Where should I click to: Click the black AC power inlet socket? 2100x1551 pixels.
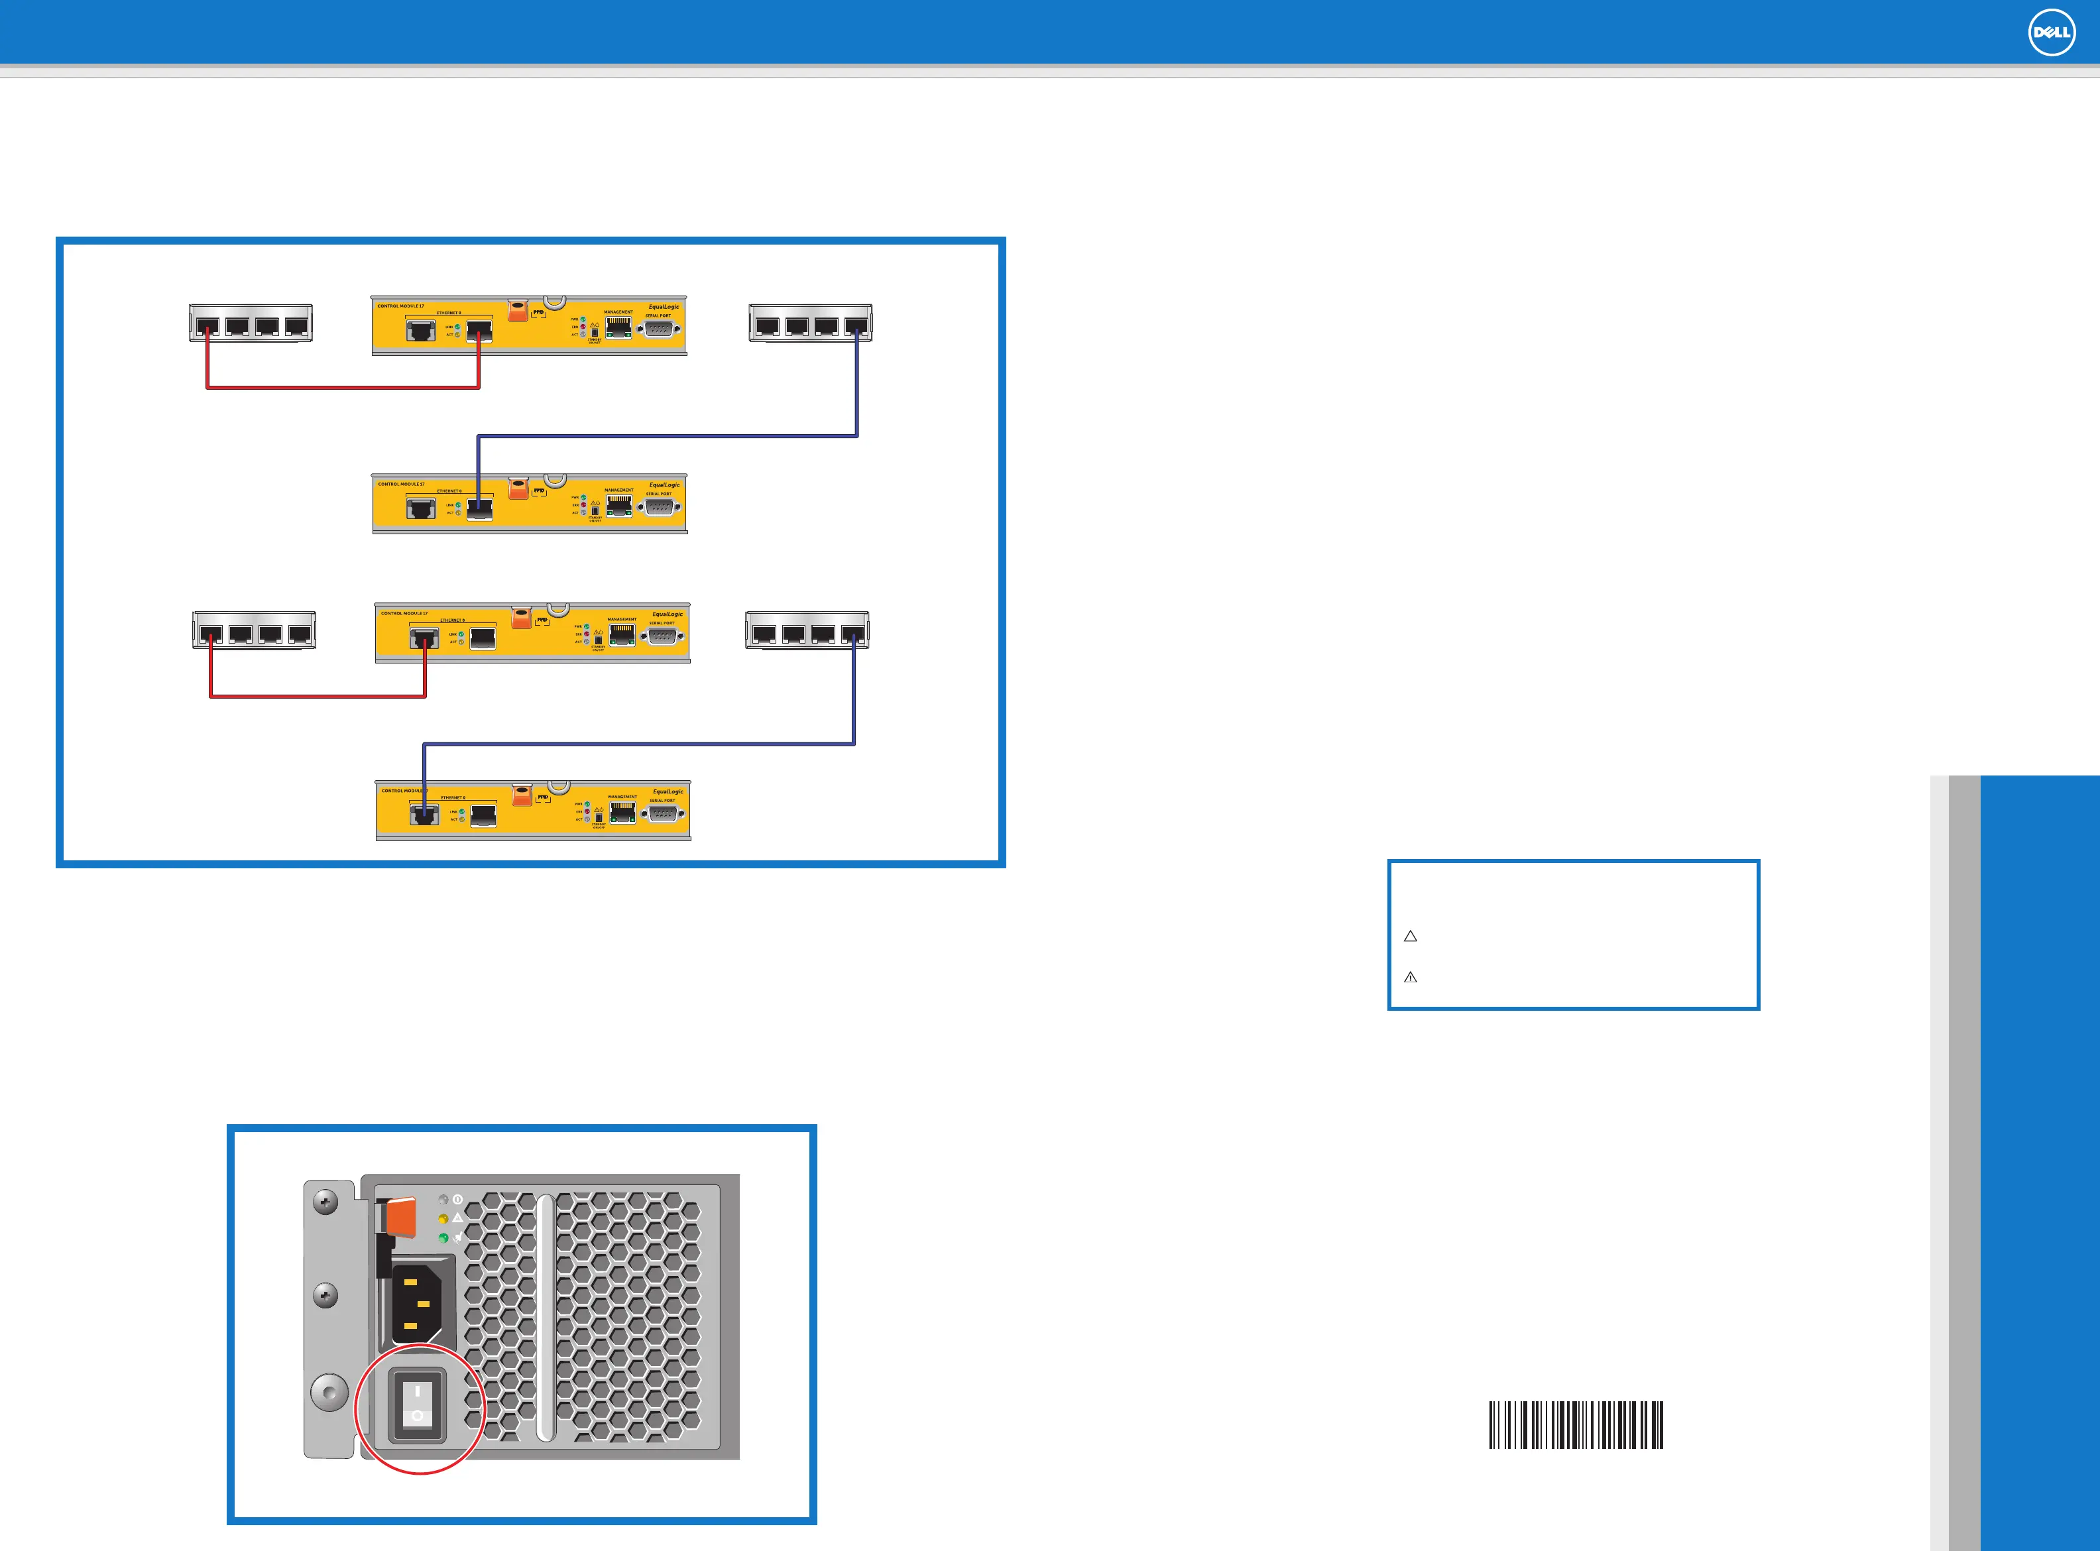(420, 1303)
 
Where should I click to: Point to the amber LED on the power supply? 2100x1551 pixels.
(443, 1219)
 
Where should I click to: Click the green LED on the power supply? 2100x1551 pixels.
(443, 1237)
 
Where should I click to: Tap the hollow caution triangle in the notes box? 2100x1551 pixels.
(1410, 936)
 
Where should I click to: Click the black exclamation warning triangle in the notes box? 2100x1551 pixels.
(1410, 978)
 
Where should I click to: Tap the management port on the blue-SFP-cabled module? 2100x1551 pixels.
(618, 505)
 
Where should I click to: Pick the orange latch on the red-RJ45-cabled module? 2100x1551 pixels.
(521, 618)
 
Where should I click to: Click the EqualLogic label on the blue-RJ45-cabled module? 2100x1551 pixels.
(668, 792)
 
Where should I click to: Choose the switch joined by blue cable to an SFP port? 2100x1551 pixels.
(810, 323)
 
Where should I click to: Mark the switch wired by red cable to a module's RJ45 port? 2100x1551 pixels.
(253, 630)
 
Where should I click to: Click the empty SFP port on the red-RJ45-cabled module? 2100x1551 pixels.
(483, 638)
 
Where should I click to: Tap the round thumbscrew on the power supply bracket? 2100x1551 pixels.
(329, 1393)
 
